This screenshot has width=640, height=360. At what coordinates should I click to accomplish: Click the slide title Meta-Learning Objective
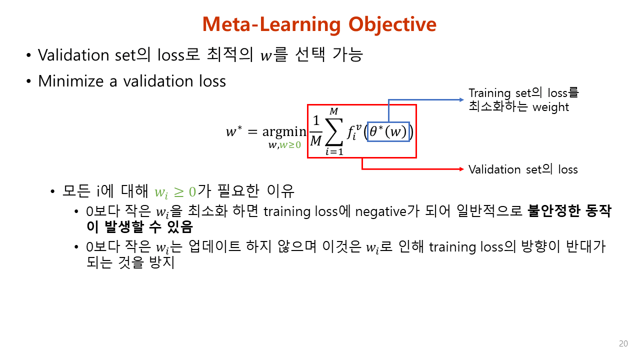[x=319, y=24]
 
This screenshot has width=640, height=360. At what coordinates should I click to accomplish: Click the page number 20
[x=623, y=343]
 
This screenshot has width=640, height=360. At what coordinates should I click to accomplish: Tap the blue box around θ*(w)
[x=388, y=131]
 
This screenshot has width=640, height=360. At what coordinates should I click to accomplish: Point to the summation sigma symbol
[x=334, y=131]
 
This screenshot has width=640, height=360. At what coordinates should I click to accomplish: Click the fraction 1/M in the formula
[x=315, y=131]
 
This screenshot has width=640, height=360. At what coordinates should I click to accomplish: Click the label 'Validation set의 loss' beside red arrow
[x=522, y=169]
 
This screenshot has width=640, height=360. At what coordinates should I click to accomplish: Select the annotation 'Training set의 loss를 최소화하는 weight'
[x=523, y=99]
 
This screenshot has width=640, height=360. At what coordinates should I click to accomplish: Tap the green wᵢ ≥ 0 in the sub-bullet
[x=175, y=191]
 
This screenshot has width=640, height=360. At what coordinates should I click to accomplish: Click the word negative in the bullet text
[x=380, y=211]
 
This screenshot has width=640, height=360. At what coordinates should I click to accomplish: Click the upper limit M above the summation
[x=333, y=110]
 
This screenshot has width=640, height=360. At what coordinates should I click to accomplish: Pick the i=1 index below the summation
[x=334, y=152]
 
